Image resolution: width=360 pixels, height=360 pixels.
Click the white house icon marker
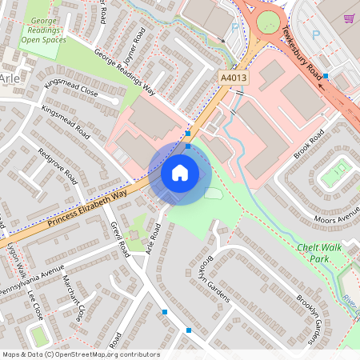pyautogui.click(x=180, y=172)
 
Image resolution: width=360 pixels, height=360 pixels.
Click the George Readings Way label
pyautogui.click(x=124, y=74)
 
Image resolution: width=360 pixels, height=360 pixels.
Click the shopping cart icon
pyautogui.click(x=348, y=18)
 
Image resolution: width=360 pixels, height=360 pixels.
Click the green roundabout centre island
pyautogui.click(x=268, y=22)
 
